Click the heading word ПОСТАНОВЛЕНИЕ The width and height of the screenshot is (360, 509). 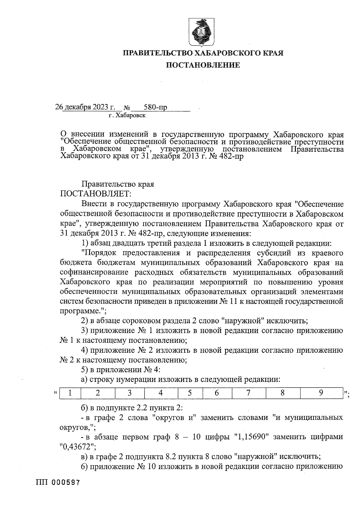click(x=203, y=65)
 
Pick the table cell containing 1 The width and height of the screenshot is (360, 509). click(x=70, y=393)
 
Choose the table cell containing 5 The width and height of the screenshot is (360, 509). click(x=190, y=393)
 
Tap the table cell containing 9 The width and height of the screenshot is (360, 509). click(x=321, y=393)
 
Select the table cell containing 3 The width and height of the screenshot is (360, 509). click(x=130, y=393)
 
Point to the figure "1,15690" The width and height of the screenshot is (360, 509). click(x=253, y=437)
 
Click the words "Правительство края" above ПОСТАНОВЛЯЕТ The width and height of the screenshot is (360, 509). click(x=118, y=184)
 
